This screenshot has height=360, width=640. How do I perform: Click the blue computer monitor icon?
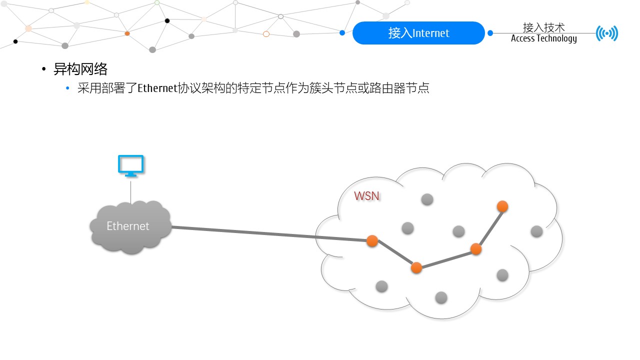point(130,165)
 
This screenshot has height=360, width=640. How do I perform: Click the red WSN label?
point(366,196)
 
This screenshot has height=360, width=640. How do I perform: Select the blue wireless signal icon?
point(607,33)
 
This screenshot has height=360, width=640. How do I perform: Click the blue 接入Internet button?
point(418,33)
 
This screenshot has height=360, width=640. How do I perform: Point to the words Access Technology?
point(543,39)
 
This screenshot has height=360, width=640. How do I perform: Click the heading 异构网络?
point(80,69)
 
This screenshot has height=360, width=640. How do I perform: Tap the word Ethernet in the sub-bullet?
point(157,89)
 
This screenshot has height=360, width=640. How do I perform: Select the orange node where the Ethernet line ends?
point(372,241)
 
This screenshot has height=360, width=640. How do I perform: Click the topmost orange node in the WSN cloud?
point(502,206)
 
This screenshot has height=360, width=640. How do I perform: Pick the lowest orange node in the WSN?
point(416,267)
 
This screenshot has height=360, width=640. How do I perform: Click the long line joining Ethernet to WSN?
point(270,234)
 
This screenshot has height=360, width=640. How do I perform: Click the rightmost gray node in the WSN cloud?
point(536,231)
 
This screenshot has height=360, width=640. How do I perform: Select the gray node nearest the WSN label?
point(407,228)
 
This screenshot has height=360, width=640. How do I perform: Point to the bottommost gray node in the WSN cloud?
point(441,297)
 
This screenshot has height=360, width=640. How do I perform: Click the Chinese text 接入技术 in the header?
point(543,27)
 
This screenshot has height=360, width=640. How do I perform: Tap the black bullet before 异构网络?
point(44,69)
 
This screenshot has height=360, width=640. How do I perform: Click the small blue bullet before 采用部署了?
point(68,89)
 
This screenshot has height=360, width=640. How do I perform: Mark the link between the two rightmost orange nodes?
point(489,227)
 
